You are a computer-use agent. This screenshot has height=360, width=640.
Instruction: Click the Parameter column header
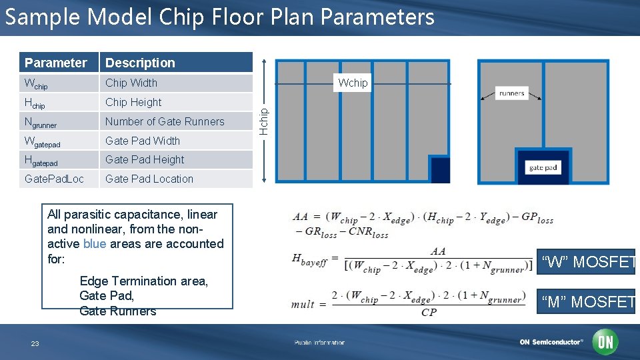56,63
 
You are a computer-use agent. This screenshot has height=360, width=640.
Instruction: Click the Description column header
140,63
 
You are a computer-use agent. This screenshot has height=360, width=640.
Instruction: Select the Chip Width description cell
131,83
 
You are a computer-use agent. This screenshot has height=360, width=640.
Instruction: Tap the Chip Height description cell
133,102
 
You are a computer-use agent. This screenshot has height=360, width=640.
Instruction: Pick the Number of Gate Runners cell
165,121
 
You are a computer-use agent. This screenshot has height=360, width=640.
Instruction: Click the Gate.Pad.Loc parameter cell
54,179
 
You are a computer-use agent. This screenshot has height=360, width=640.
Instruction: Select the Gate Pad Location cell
149,179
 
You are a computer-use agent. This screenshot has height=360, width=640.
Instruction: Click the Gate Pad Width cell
143,141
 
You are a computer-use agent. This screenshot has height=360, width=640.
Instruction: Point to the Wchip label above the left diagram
353,83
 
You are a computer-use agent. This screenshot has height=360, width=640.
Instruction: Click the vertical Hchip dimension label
264,121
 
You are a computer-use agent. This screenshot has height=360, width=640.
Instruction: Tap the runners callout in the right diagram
511,93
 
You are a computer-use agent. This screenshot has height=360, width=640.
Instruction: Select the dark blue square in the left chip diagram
439,169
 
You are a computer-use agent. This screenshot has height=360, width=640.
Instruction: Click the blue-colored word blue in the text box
95,244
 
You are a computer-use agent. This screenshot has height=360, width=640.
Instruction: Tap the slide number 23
35,343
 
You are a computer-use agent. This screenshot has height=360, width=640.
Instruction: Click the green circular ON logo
606,342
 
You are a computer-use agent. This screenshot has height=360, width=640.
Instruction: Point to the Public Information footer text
319,343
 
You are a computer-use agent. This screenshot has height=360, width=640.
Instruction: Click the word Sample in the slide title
41,17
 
